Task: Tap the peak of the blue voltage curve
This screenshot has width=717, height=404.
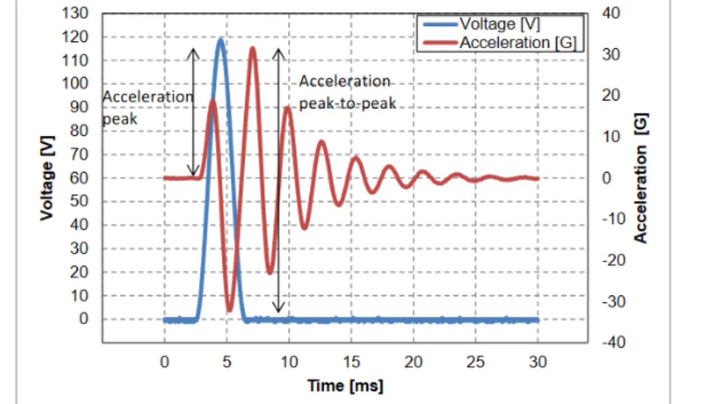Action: pos(221,40)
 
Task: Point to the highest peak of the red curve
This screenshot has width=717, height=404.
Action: pos(253,48)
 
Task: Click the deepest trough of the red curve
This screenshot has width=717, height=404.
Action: pos(229,309)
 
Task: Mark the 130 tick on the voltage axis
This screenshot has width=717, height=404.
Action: pos(80,14)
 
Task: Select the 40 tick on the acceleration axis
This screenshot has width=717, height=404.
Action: pos(612,13)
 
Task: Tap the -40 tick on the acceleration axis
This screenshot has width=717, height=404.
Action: pos(613,342)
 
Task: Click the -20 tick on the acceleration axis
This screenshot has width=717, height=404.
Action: pos(613,260)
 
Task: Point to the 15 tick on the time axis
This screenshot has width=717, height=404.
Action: pos(351,363)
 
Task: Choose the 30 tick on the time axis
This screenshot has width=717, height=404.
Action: pos(538,363)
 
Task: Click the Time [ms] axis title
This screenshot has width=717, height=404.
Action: pos(345,386)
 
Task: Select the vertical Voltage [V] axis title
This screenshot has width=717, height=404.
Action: pos(47,178)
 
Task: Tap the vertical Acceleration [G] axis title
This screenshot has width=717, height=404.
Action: pos(640,178)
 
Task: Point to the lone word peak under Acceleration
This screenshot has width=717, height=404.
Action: pos(119,119)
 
